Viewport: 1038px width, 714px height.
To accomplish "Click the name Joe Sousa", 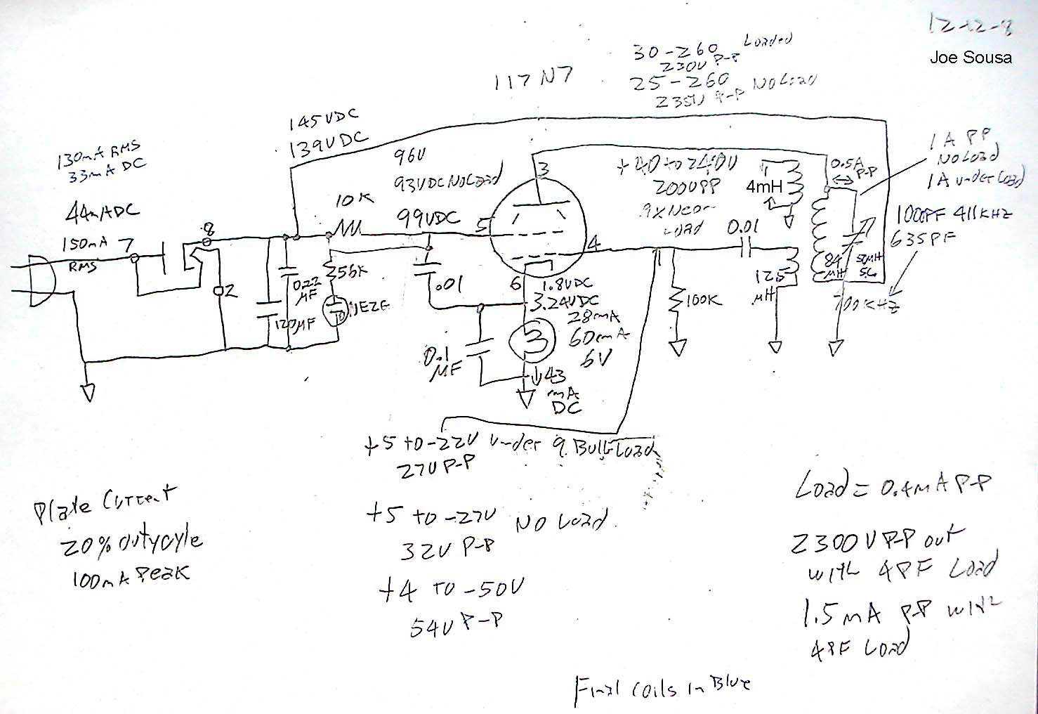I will pyautogui.click(x=970, y=58).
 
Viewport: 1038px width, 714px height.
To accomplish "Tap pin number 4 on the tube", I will pyautogui.click(x=593, y=244).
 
